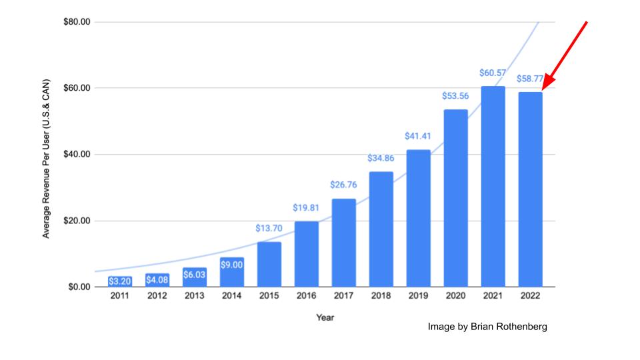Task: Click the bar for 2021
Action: pos(493,187)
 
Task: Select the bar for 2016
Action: pos(306,254)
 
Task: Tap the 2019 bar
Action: pos(418,218)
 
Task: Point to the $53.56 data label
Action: pos(455,96)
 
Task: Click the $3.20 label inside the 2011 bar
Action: pos(119,281)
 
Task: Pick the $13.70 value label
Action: pos(269,228)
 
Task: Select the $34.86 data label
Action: pos(381,159)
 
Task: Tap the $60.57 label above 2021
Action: pos(493,73)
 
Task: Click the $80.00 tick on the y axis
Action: pos(77,22)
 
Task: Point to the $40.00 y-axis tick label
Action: pos(77,155)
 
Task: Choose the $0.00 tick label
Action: pos(79,287)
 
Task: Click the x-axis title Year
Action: pos(325,317)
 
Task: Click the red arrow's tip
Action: pos(542,89)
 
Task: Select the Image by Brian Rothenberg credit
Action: pos(487,327)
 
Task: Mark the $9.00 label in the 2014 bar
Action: pos(231,265)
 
